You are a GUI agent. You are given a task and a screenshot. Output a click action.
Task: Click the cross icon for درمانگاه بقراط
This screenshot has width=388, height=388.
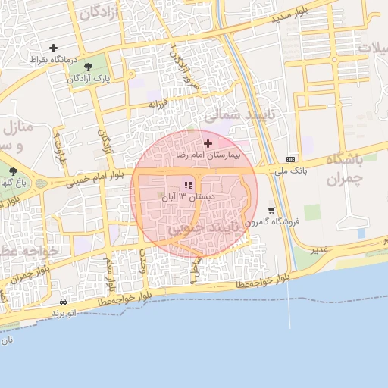[53, 48]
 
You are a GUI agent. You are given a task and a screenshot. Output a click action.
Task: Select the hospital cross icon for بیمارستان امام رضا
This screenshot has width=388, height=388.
[208, 143]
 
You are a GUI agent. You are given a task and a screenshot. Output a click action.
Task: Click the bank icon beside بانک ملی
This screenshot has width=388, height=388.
[291, 159]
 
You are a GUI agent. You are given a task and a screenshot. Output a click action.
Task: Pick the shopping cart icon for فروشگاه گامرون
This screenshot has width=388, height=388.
[271, 211]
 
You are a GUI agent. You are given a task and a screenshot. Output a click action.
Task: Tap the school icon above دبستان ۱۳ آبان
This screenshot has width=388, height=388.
[188, 185]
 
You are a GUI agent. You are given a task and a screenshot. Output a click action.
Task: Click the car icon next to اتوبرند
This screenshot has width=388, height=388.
[63, 301]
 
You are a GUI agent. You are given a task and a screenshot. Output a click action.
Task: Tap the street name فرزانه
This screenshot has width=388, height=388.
[157, 102]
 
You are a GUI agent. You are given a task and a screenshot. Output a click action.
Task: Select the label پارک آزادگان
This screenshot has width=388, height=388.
[92, 78]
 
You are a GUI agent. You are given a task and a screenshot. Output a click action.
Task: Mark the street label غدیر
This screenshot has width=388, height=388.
[321, 249]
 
